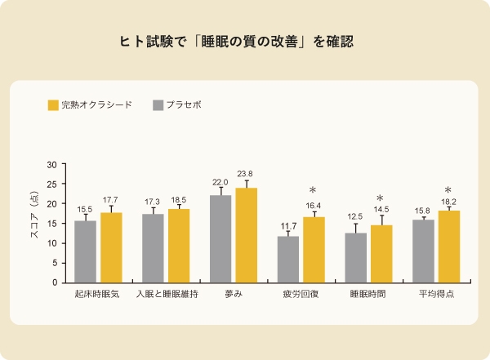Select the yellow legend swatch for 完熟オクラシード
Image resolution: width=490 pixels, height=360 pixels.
click(53, 105)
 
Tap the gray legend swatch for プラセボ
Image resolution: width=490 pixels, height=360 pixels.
click(158, 105)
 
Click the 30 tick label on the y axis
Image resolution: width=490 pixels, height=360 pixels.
click(51, 165)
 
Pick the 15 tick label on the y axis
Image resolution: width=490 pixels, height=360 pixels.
click(51, 224)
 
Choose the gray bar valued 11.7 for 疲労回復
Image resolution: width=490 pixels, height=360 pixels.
click(287, 260)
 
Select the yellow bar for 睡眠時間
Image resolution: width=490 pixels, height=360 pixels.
click(381, 254)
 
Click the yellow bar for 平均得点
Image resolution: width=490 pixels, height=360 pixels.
click(448, 247)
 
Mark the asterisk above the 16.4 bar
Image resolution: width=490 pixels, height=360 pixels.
click(313, 191)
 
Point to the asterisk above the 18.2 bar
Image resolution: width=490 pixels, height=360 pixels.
click(448, 190)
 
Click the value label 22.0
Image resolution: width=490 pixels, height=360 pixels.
click(220, 182)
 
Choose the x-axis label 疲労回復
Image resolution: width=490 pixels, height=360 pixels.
click(301, 294)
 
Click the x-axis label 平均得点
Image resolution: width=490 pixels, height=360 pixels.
click(435, 294)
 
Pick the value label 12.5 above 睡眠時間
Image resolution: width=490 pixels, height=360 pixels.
click(354, 217)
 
